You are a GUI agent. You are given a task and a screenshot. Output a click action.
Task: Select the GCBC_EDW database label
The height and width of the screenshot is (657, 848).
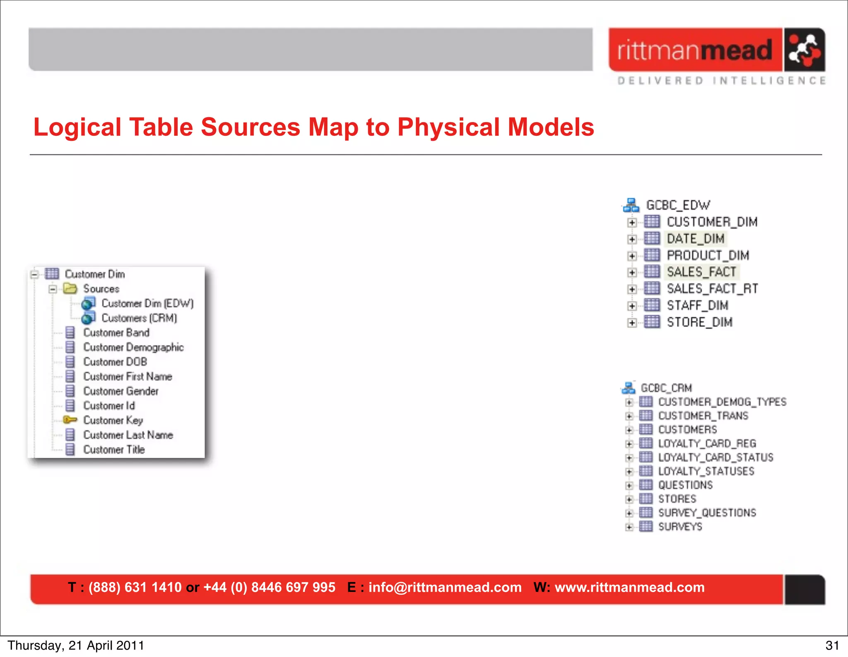[x=678, y=205]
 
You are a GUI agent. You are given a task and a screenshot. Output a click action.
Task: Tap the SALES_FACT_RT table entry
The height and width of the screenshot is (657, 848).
[x=712, y=289]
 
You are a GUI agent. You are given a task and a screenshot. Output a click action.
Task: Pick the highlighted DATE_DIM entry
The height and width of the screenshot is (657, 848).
[x=696, y=239]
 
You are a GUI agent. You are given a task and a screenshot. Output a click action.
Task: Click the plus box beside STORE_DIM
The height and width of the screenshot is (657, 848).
[x=632, y=323]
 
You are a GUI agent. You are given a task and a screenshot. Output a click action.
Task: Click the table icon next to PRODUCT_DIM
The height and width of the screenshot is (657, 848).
[x=652, y=255]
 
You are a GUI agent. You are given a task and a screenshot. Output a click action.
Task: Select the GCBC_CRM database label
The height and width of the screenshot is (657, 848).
[x=666, y=388]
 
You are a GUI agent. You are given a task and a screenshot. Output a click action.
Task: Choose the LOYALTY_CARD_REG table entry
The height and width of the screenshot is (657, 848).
[x=707, y=443]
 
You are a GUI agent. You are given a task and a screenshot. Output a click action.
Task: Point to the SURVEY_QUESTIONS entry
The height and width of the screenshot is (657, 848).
[x=707, y=513]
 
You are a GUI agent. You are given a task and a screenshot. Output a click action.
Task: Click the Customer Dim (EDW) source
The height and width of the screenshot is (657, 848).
[x=147, y=303]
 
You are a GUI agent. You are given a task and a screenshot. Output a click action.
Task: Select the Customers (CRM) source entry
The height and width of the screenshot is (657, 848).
[x=139, y=318]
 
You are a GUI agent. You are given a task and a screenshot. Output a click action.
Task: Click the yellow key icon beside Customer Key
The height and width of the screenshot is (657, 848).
[x=70, y=420]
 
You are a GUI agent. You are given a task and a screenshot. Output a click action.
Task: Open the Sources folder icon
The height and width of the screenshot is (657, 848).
[x=70, y=289]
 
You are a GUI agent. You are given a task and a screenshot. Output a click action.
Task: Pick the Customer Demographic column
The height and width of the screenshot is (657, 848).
[x=133, y=347]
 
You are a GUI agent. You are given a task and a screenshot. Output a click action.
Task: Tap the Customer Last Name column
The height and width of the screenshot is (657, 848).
[x=128, y=435]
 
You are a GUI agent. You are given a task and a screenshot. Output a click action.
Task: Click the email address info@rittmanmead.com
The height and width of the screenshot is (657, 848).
[x=445, y=587]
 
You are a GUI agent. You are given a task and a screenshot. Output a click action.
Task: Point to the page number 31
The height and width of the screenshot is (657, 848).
[x=832, y=645]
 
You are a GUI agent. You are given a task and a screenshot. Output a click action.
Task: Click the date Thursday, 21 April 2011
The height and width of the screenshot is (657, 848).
[x=76, y=645]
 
